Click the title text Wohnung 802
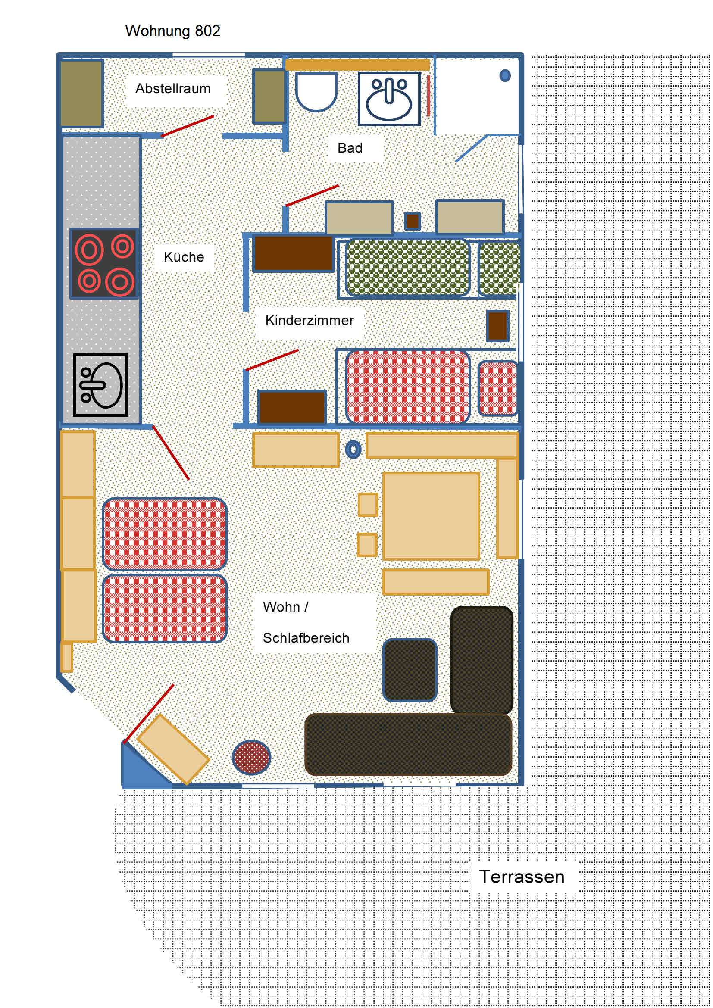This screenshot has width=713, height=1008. tap(172, 31)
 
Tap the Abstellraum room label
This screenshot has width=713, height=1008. tap(172, 89)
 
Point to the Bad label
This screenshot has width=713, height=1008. tap(350, 148)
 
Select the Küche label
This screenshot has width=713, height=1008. tap(184, 257)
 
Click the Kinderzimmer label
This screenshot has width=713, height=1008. tap(310, 320)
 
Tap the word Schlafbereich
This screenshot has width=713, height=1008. tap(306, 638)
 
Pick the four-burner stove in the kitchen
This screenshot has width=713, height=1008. tap(104, 263)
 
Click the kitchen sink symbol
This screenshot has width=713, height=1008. tap(100, 385)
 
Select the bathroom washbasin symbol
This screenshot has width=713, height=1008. tap(389, 99)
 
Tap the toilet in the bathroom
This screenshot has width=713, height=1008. tap(316, 92)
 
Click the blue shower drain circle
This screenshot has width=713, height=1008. tap(505, 75)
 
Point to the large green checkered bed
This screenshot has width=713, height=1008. tap(407, 267)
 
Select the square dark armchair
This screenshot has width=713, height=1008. tap(410, 670)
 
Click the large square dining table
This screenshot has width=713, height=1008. tap(431, 516)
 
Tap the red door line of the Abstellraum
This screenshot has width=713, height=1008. tap(188, 126)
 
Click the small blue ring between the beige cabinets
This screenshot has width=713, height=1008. tap(353, 449)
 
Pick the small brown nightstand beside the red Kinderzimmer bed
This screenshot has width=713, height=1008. tap(498, 326)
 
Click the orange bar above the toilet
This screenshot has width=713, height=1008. tap(357, 65)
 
